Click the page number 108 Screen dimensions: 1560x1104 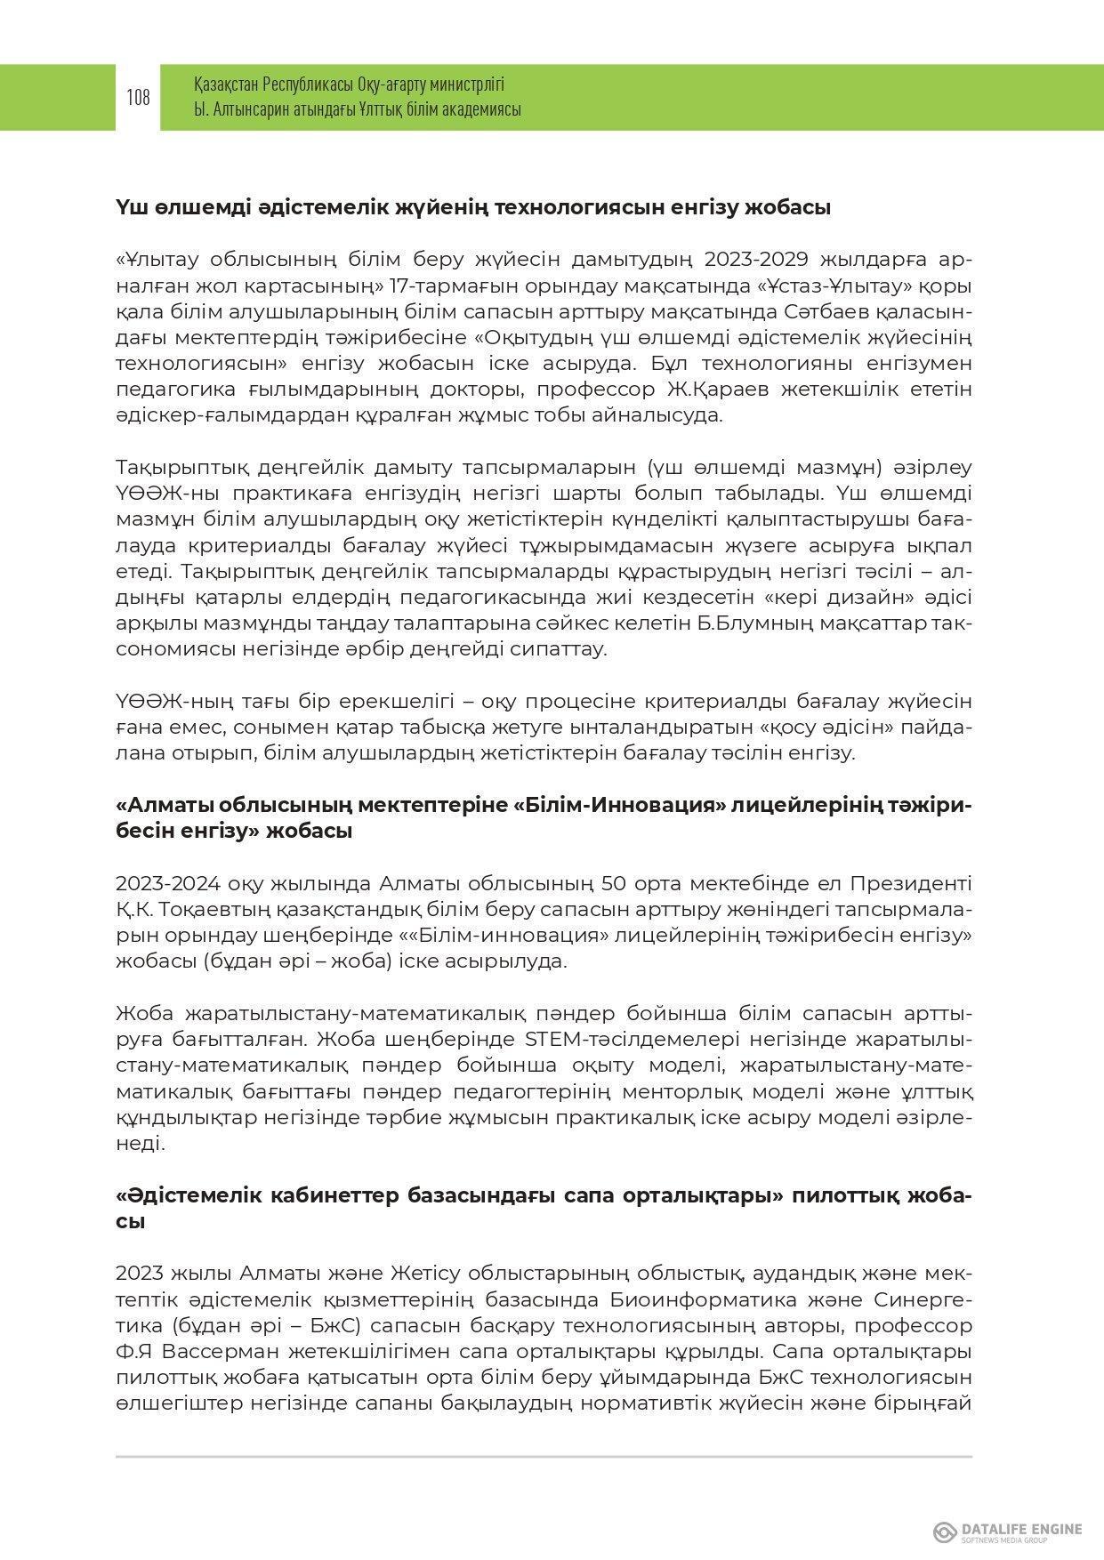[x=138, y=97]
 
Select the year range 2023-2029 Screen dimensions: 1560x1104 [x=755, y=259]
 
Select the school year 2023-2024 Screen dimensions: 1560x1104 [x=168, y=883]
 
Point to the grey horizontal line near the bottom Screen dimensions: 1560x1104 [x=544, y=1457]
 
